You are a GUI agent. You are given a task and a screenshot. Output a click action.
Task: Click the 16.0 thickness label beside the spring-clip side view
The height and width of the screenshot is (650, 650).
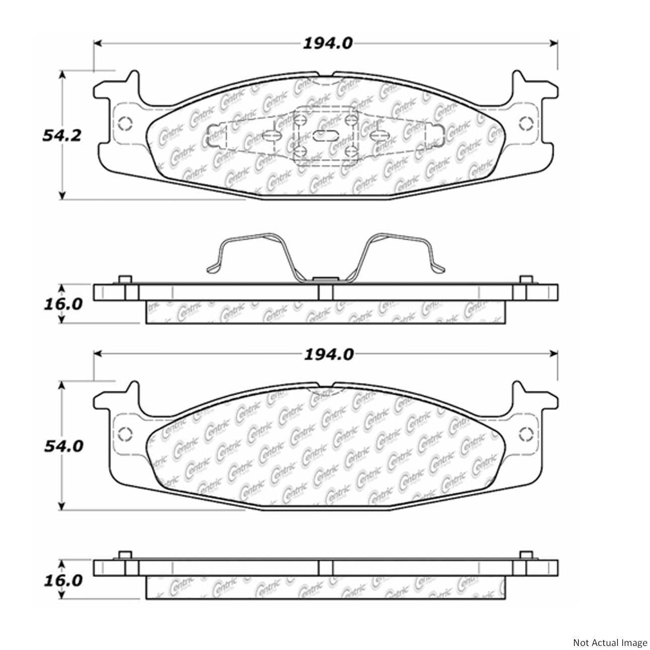pyautogui.click(x=62, y=305)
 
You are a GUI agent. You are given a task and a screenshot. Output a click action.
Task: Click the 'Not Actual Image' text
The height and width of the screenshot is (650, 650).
pyautogui.click(x=610, y=642)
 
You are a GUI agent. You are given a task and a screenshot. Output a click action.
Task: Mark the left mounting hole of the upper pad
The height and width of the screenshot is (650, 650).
pyautogui.click(x=124, y=122)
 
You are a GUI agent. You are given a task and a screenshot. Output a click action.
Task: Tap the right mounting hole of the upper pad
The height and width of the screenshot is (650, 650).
pyautogui.click(x=527, y=122)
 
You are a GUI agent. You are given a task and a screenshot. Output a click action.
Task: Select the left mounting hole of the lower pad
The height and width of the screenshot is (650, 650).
pyautogui.click(x=124, y=433)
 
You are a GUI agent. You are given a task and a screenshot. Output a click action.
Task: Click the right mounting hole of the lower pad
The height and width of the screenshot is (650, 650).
pyautogui.click(x=527, y=433)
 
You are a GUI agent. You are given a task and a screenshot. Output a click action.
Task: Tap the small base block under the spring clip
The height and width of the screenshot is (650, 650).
pyautogui.click(x=325, y=279)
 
